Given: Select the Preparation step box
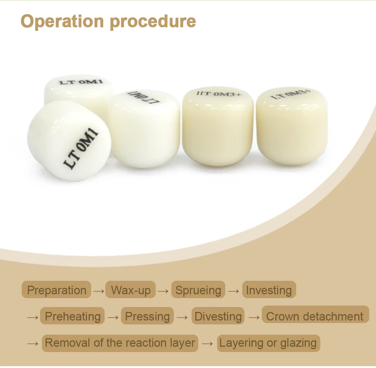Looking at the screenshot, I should click(x=56, y=290).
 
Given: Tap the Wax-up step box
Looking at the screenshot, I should click(x=131, y=290).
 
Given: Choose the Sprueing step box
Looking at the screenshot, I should click(x=198, y=290).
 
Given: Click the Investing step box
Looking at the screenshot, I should click(x=269, y=290).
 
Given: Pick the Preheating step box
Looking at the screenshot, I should click(x=72, y=316).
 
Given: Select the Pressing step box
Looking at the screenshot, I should click(x=147, y=316).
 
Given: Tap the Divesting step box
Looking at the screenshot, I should click(x=218, y=316).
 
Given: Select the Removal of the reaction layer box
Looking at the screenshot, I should click(x=120, y=343).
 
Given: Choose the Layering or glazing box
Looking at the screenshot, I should click(x=268, y=343).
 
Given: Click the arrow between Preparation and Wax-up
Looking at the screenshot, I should click(x=99, y=291).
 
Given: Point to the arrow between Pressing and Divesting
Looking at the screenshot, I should click(x=182, y=317).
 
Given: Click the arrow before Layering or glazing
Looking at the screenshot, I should click(x=208, y=344).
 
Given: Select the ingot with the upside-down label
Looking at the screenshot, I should click(x=144, y=128).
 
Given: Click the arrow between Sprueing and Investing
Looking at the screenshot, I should click(x=234, y=291).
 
